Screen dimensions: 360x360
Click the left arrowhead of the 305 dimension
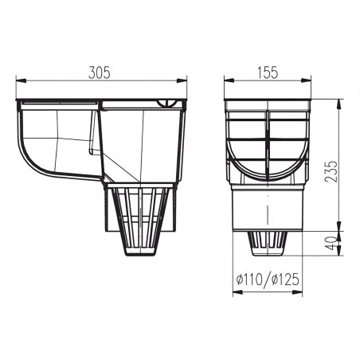pos(18,80)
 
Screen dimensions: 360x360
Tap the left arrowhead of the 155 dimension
pos(226,80)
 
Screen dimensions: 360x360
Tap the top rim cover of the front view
pos(267,104)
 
